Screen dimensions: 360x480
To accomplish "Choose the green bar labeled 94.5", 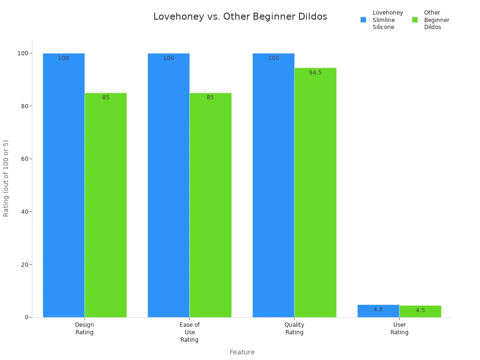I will coord(315,193).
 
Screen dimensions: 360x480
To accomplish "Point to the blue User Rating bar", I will coord(378,311).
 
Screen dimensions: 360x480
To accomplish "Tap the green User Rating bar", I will coord(420,312).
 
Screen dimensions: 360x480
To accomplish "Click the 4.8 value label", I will coord(378,309).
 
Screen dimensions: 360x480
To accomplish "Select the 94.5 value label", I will coord(315,73).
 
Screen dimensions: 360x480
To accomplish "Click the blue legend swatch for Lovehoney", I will coord(363,20).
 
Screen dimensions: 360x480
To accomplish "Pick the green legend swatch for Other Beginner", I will coord(415,20).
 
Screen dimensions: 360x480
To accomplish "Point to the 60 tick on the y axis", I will coord(23,159).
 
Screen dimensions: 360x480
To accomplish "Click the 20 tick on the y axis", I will coord(23,264).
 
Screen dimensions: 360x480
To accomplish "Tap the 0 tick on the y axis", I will coord(27,317).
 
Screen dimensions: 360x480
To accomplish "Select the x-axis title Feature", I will coord(242,352).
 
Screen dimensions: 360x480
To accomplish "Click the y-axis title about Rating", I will coord(6,178).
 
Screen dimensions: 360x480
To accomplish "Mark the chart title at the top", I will coord(240,17).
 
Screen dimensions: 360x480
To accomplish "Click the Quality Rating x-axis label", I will coord(294,329).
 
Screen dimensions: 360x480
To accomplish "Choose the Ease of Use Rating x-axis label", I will coord(189,332).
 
